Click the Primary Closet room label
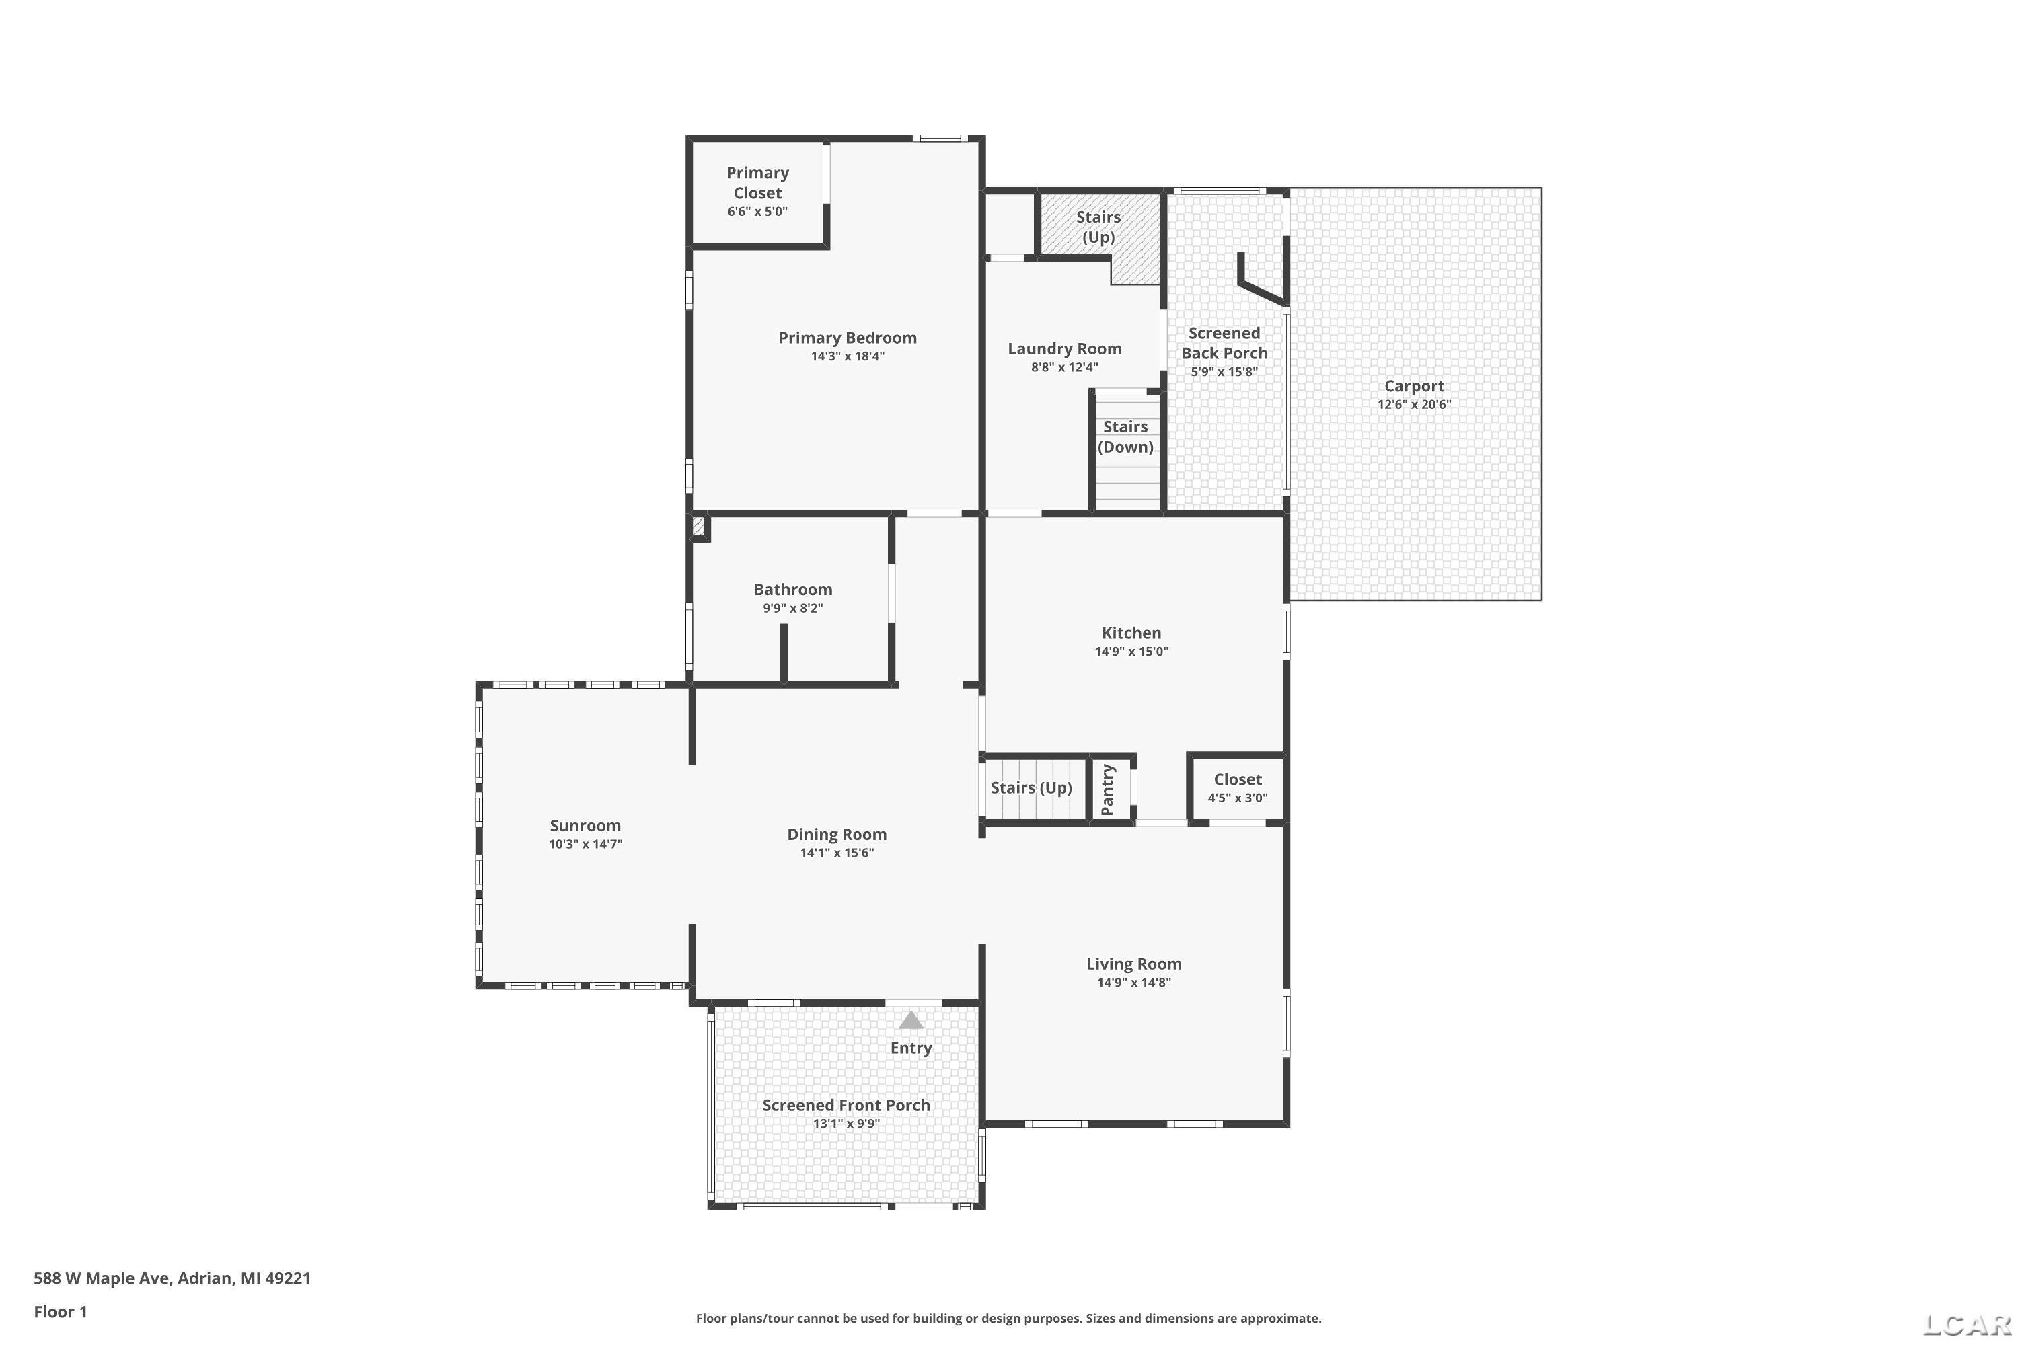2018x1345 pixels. pos(757,183)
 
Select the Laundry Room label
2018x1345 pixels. pos(1065,348)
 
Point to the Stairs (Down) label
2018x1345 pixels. pos(1125,436)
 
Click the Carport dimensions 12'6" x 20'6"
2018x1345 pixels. pos(1414,405)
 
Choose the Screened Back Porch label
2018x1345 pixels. pos(1224,343)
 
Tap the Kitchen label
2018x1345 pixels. pos(1131,633)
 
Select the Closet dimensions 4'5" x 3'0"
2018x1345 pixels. pos(1238,798)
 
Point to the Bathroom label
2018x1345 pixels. pos(793,589)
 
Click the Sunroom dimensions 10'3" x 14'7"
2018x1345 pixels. pos(585,844)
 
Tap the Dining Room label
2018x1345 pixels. pos(837,835)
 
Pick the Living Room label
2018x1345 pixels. pos(1134,964)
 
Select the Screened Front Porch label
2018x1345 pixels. pos(847,1105)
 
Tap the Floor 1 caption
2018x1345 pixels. pos(60,1311)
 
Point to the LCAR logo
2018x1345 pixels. pos(1968,1325)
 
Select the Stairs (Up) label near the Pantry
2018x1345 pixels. pos(1031,787)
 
